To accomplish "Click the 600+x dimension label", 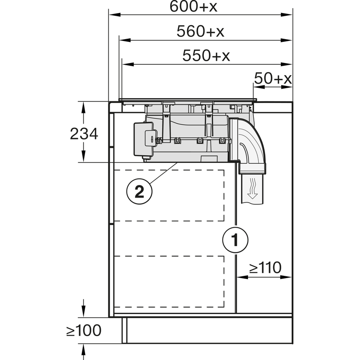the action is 193,6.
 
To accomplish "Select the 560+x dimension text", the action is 200,31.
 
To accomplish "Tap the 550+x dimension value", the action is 206,55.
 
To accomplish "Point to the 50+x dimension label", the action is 273,78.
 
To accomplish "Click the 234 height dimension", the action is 84,134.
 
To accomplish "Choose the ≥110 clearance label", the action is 265,267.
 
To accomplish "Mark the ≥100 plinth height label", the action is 84,331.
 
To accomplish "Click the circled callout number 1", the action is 235,240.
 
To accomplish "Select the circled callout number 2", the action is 139,191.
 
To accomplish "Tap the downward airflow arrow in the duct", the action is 252,188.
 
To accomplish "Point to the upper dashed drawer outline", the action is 169,195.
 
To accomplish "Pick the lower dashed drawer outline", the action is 169,282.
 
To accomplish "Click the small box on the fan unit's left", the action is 144,140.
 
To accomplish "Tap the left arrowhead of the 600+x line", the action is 115,15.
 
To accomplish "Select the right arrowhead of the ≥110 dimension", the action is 286,277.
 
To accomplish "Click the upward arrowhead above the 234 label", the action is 83,107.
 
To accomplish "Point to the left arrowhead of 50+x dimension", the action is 258,87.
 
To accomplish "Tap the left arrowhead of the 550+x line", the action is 128,64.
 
